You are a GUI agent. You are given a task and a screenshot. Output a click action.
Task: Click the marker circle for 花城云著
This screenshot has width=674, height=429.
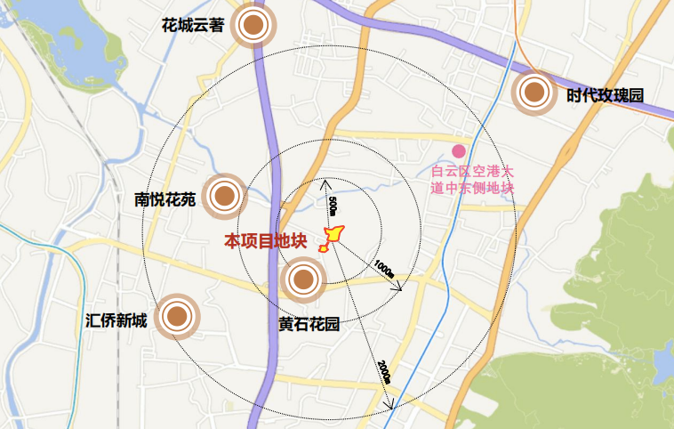[254, 28]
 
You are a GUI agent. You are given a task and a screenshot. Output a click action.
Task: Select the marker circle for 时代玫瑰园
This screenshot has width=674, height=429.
[534, 91]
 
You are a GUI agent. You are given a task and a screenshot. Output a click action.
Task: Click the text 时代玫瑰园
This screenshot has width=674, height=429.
[604, 94]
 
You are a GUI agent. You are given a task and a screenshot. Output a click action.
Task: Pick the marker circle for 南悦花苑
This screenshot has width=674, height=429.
[224, 196]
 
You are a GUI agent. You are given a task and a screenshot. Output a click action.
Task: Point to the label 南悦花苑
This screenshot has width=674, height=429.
[164, 199]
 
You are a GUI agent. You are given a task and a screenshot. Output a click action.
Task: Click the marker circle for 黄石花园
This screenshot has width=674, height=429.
[302, 280]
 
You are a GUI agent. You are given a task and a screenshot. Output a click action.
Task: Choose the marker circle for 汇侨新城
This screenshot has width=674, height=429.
[176, 316]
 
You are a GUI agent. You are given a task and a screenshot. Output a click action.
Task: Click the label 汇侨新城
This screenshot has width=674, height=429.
[116, 320]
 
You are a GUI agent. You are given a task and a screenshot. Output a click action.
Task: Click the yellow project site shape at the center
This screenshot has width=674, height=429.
[333, 235]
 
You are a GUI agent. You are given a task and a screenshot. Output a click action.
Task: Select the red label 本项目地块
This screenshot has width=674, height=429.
[265, 240]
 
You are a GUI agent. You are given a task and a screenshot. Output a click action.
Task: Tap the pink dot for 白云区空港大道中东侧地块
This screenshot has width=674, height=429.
[459, 151]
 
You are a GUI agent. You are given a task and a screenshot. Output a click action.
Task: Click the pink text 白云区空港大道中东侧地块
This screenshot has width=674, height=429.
[472, 178]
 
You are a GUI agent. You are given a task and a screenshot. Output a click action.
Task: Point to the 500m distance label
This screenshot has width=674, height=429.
[333, 206]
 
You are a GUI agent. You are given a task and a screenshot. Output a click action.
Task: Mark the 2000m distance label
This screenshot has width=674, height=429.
[383, 371]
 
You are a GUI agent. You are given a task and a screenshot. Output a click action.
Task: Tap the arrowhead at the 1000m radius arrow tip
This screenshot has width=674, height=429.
[399, 287]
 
